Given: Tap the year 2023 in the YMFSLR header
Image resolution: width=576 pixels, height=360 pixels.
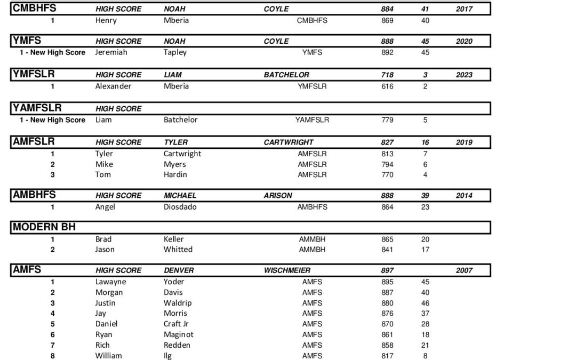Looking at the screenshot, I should [x=464, y=75].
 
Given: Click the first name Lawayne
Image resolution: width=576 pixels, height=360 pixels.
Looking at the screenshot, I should [x=111, y=282].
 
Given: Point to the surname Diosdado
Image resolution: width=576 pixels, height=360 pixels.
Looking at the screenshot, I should [x=181, y=206].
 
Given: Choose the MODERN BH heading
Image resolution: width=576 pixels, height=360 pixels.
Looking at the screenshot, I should [x=44, y=227].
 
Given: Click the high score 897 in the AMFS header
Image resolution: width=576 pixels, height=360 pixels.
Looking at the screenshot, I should [x=388, y=270].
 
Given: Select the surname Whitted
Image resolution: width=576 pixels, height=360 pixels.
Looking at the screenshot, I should [x=178, y=249].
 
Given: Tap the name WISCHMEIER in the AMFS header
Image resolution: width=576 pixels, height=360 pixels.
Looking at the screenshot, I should [x=287, y=270].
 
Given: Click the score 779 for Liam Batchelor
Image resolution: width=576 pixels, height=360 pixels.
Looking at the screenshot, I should [x=388, y=119].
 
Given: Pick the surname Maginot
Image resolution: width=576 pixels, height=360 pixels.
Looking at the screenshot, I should [x=179, y=334].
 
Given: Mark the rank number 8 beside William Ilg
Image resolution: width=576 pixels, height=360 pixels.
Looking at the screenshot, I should [x=52, y=356].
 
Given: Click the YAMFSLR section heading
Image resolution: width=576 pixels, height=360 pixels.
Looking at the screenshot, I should [x=37, y=108].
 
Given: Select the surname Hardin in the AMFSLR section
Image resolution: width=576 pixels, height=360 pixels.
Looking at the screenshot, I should [x=175, y=174].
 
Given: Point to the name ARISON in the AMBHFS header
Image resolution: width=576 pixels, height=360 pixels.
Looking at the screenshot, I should [x=278, y=195].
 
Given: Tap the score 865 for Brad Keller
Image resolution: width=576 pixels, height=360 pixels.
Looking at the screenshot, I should [x=388, y=239].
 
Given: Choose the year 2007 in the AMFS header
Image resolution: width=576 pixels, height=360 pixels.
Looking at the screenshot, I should [x=464, y=270].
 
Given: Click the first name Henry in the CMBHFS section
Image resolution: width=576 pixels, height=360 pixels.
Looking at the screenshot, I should [x=106, y=20].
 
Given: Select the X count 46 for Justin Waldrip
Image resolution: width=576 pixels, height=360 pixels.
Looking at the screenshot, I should [x=425, y=303].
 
